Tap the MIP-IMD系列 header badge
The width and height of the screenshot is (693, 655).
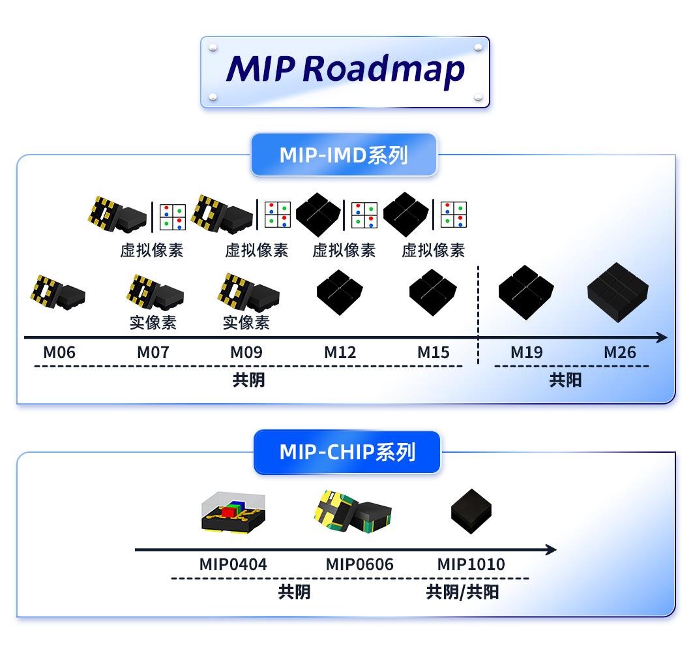click(344, 155)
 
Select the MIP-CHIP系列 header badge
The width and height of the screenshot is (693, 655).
click(347, 452)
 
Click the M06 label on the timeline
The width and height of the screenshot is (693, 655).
click(59, 353)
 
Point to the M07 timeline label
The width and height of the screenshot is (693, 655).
click(153, 353)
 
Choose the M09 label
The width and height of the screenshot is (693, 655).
click(246, 353)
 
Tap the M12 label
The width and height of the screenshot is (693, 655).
click(340, 353)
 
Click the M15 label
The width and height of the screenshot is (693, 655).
click(434, 353)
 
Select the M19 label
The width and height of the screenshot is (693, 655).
click(526, 353)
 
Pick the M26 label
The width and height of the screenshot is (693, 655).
click(619, 353)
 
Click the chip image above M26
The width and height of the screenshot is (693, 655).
click(617, 290)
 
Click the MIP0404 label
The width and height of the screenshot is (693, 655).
click(233, 564)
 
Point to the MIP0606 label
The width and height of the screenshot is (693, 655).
click(360, 564)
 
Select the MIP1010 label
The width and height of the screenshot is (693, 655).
click(471, 564)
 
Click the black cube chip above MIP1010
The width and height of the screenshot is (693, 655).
click(471, 511)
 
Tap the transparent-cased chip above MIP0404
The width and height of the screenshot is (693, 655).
click(233, 512)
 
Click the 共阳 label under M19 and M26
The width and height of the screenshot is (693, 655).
click(565, 380)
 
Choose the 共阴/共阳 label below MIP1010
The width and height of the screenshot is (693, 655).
click(462, 592)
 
